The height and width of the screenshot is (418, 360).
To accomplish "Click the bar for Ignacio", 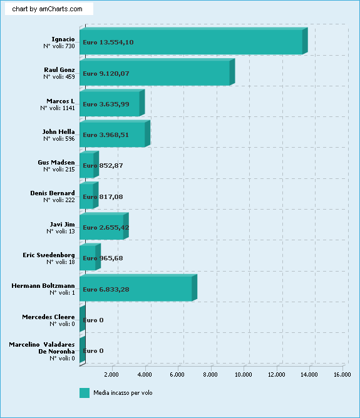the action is click(x=193, y=41).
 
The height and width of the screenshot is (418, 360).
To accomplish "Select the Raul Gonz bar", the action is click(x=157, y=72).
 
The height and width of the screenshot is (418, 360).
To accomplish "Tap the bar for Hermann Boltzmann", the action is click(x=138, y=288).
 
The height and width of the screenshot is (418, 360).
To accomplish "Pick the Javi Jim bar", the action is click(x=105, y=226).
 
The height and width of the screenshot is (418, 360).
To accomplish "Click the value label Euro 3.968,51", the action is click(x=106, y=135).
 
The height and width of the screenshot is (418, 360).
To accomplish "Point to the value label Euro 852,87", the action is click(x=103, y=166).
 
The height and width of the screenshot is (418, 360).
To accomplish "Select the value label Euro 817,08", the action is click(x=103, y=196).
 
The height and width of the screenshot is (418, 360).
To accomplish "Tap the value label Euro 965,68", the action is click(x=103, y=258).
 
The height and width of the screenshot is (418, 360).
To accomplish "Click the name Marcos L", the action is click(x=61, y=101).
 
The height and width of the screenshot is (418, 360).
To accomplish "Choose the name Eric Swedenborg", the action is click(x=49, y=255).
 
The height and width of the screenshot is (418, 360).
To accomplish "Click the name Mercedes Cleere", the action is click(x=49, y=317).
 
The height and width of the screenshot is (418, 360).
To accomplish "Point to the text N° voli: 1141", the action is click(x=58, y=108).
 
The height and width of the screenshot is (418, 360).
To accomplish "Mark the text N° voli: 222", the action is click(x=59, y=200).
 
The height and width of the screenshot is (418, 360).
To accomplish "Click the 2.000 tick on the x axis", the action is click(x=111, y=375).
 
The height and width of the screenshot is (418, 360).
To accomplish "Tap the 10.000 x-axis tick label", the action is click(x=243, y=375).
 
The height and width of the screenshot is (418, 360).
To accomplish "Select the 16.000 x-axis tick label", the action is click(x=342, y=375).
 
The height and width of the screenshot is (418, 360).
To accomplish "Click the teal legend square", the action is click(x=85, y=393).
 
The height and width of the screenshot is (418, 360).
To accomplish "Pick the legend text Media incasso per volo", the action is click(x=123, y=393).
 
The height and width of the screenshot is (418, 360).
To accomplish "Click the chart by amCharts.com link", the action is click(x=47, y=9).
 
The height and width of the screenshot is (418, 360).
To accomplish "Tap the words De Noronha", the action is click(x=56, y=351).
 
